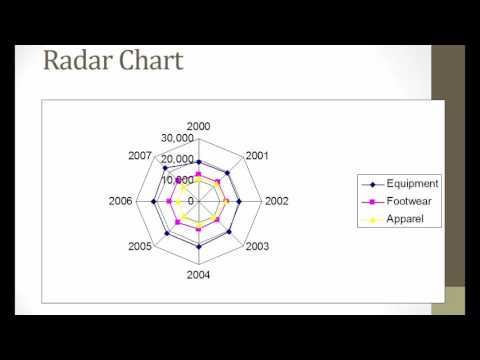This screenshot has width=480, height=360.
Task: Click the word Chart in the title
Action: point(150,62)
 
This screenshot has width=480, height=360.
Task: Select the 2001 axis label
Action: point(256,155)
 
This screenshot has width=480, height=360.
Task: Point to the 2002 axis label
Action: point(277,201)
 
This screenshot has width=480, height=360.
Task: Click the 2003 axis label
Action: point(257,246)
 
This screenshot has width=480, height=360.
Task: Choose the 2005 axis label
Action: point(140,246)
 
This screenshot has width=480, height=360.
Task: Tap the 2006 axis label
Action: point(121,201)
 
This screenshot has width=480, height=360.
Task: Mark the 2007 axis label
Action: point(141,155)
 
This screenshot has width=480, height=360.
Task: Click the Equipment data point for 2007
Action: point(165,168)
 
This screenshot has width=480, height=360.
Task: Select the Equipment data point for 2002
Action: point(240,202)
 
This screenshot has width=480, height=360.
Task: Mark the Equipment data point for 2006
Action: point(153,202)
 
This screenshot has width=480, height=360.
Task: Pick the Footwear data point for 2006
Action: point(169,202)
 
